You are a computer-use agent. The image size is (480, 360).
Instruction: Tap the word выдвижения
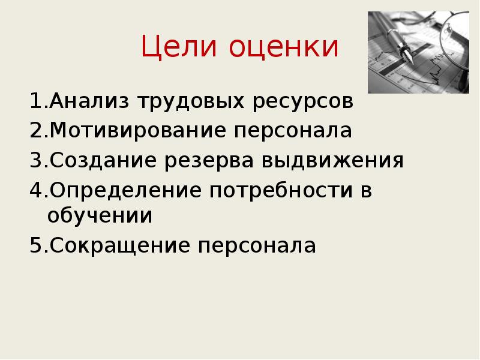tap(332, 161)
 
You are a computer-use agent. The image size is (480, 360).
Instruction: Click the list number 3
tap(34, 161)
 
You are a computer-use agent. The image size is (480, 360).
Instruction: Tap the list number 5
tap(34, 245)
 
